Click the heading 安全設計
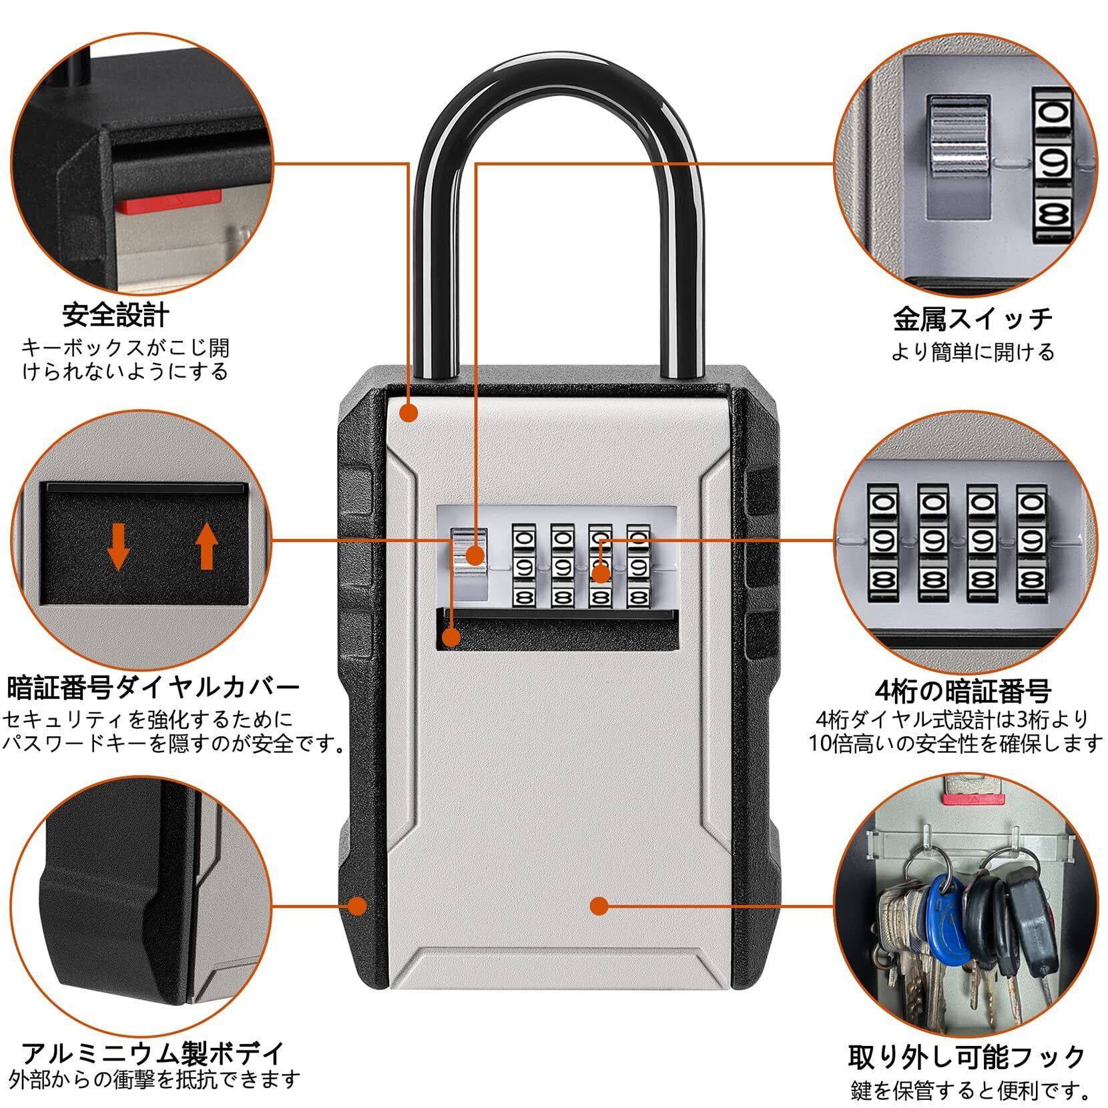(116, 315)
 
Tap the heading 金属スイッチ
(973, 318)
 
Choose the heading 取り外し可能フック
(967, 1057)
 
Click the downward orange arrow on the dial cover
(119, 545)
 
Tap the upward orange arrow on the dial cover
(207, 545)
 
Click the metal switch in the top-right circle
(958, 137)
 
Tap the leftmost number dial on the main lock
(523, 566)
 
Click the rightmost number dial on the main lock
(638, 566)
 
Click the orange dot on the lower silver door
(599, 906)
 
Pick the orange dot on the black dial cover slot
(452, 637)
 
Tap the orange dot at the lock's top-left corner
(408, 413)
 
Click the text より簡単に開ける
(973, 352)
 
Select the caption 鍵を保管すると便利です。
(971, 1091)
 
